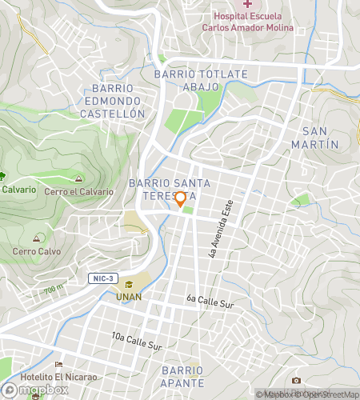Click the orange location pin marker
pos(180,199)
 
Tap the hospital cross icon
pos(247,5)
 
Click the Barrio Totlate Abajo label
pos(201,80)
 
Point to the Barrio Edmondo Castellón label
pos(118,101)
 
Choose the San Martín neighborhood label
pos(320,137)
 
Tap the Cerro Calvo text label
pos(37,251)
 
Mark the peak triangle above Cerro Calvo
pos(37,238)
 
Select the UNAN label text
pos(129,297)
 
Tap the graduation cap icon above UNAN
pos(129,285)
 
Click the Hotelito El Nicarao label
pos(58,377)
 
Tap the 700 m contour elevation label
pos(54,289)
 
